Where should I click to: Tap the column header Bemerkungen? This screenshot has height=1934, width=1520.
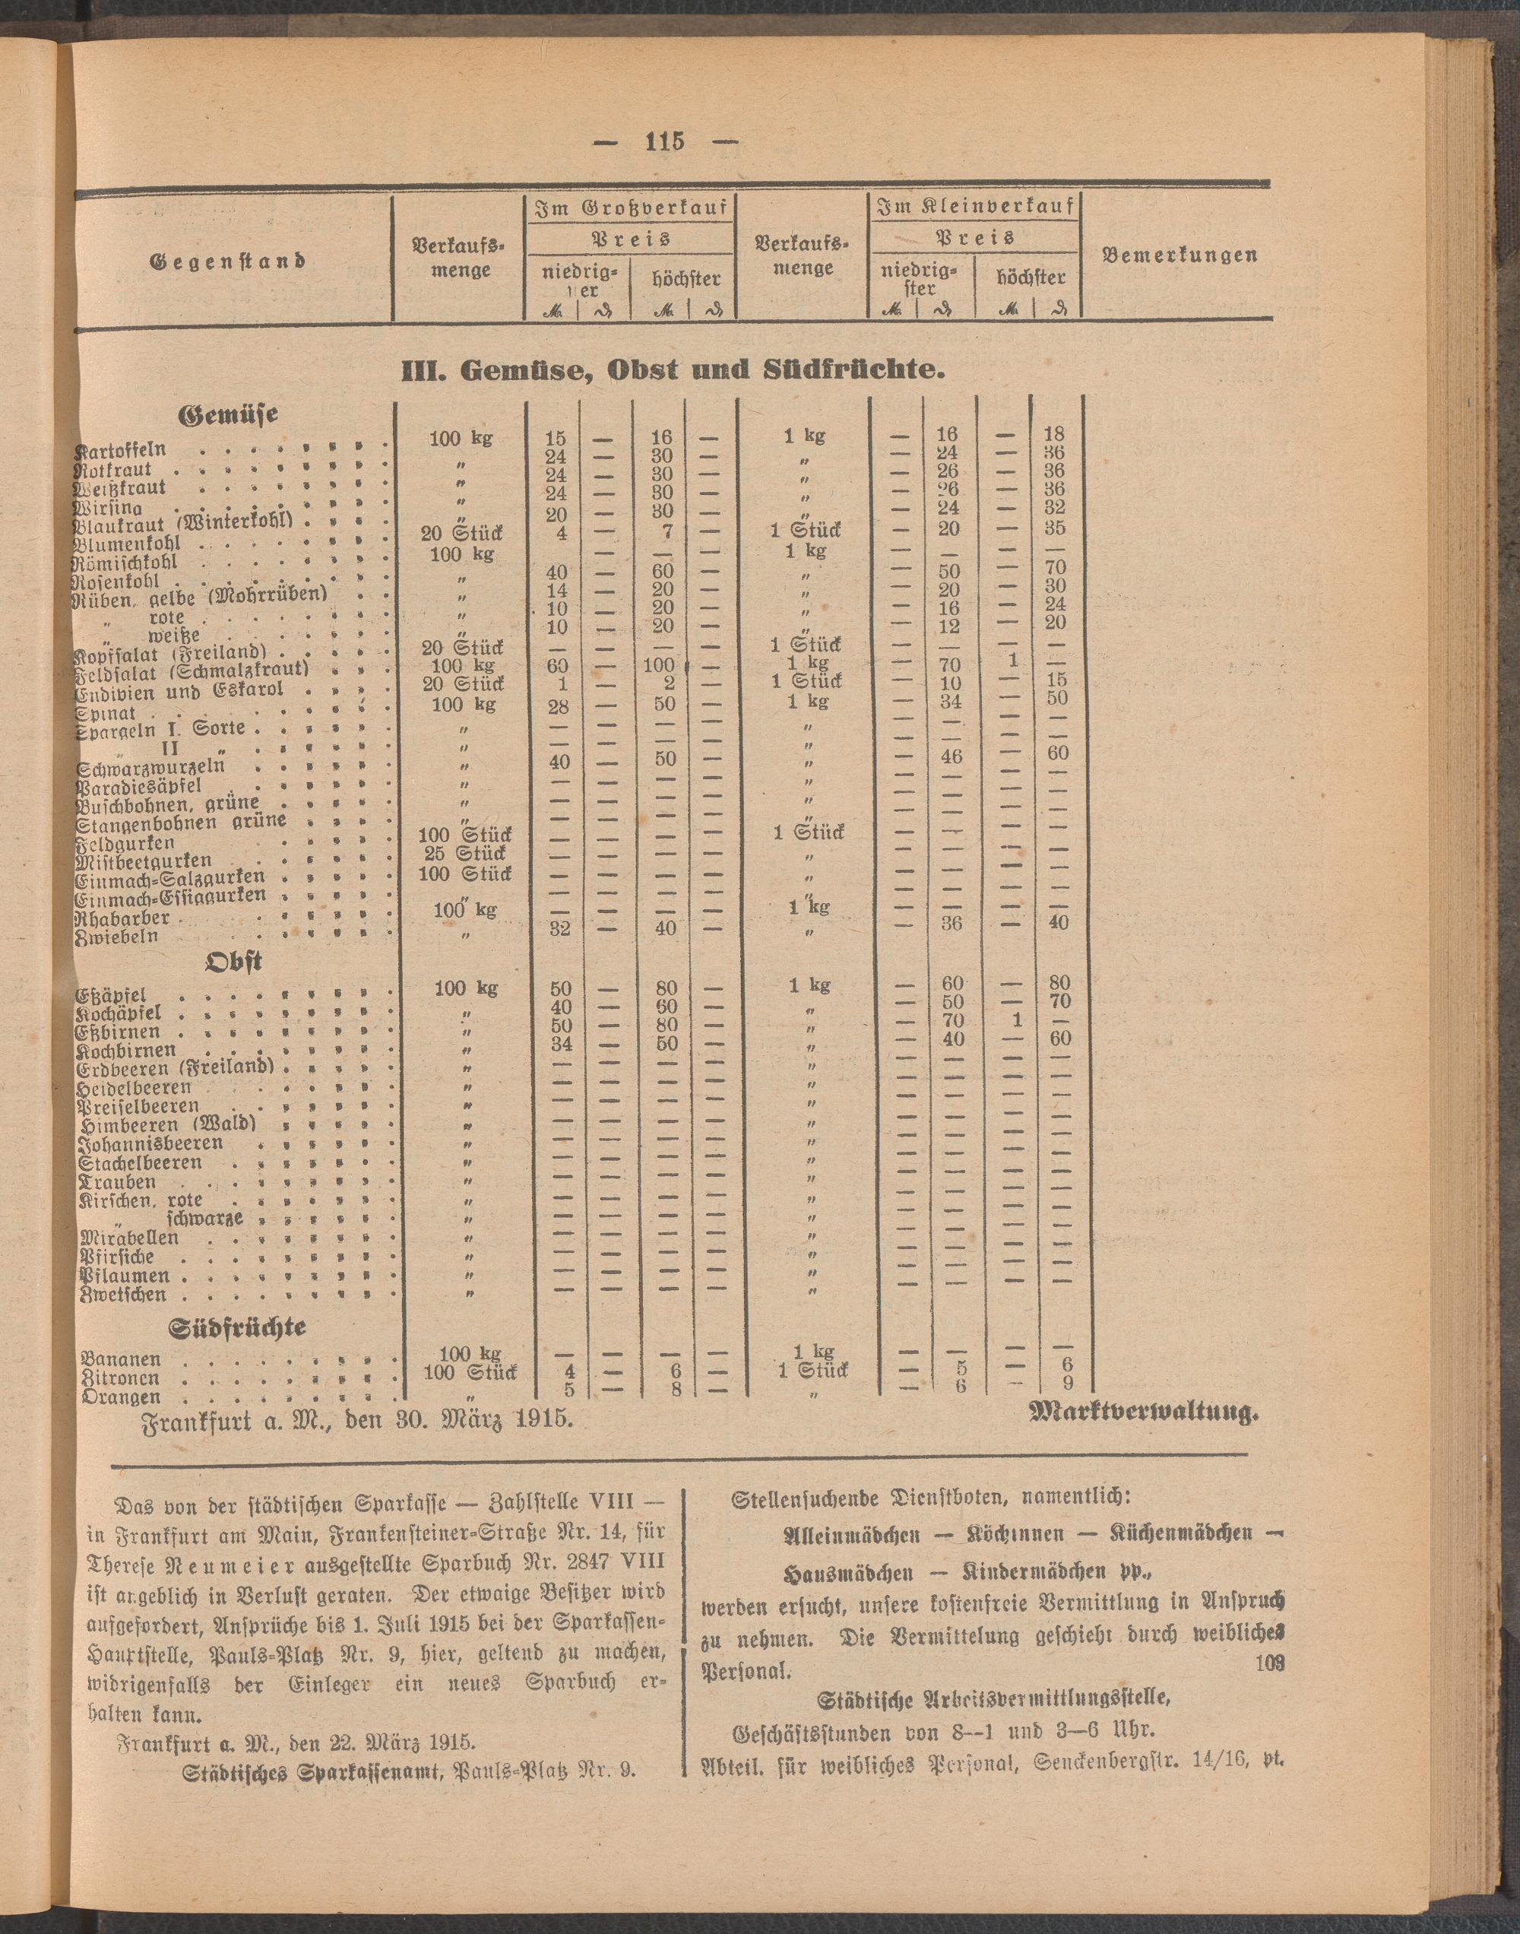coord(1180,255)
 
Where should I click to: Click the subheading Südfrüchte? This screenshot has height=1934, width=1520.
coord(238,1327)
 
